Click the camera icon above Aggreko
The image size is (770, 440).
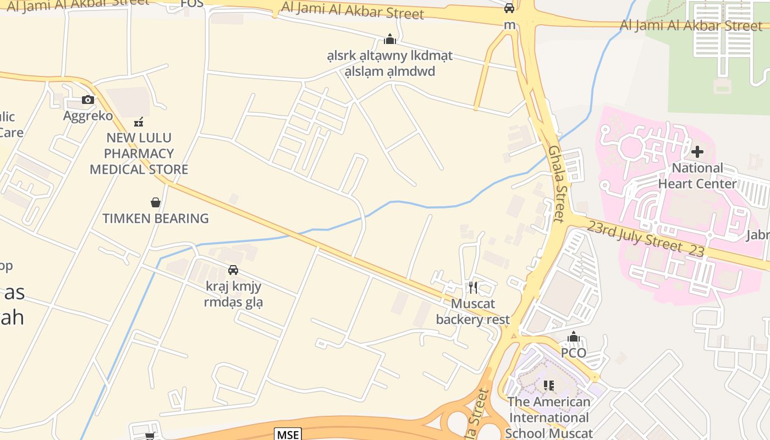(x=88, y=100)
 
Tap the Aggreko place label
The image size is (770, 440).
(x=88, y=116)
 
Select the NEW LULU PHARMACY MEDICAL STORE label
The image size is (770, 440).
(x=139, y=153)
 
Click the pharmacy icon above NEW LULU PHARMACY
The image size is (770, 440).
(x=139, y=122)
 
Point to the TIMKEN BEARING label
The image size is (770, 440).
(x=156, y=218)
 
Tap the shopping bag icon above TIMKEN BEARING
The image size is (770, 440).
(x=156, y=202)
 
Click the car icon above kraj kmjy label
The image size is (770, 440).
(x=233, y=269)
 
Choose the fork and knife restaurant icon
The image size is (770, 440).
(x=473, y=287)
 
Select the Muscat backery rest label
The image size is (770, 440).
(x=473, y=311)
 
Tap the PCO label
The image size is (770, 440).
(x=573, y=353)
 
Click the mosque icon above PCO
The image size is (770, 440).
(x=574, y=337)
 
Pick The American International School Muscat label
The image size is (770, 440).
(x=548, y=417)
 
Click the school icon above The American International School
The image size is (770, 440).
(x=548, y=385)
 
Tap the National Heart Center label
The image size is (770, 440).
(x=697, y=176)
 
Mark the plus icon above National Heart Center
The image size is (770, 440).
(x=697, y=151)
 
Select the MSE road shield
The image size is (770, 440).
(x=288, y=435)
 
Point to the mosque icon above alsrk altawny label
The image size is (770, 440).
(x=390, y=39)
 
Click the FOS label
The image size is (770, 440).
(x=192, y=4)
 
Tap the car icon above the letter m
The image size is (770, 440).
(x=509, y=8)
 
